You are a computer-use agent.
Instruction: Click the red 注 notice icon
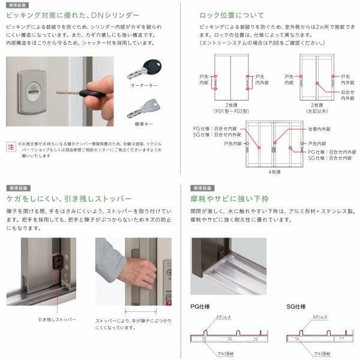[x=10, y=146]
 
